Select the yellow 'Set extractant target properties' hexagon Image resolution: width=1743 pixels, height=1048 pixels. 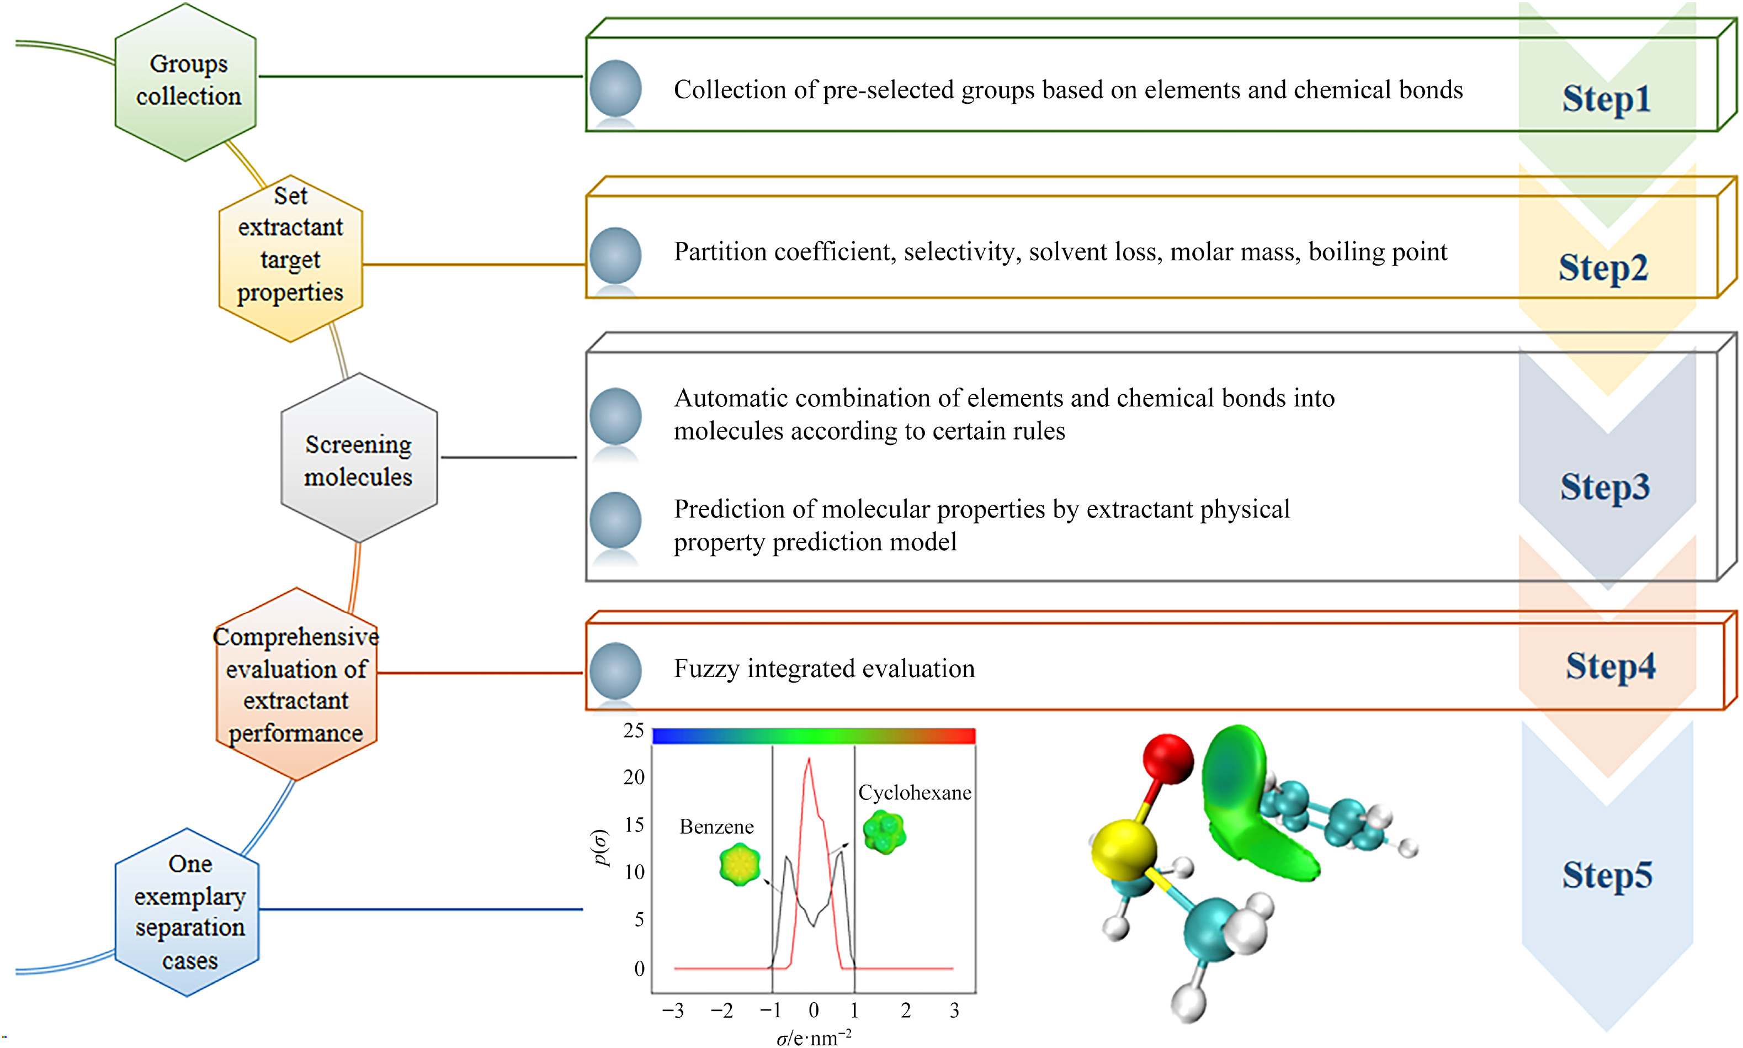(290, 258)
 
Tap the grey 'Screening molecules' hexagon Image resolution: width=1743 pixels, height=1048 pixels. (359, 459)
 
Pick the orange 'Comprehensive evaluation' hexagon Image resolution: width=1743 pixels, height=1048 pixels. (296, 684)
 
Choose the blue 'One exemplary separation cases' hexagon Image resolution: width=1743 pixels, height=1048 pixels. (188, 912)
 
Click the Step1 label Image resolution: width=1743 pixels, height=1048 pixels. (1606, 98)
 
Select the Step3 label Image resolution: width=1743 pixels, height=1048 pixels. (1604, 486)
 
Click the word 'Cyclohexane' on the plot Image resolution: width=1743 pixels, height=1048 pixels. (914, 792)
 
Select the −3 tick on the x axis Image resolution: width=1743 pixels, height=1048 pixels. (673, 1010)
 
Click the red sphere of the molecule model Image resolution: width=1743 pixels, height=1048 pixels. (1168, 759)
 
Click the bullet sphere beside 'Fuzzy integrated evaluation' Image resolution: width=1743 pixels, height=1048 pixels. (615, 669)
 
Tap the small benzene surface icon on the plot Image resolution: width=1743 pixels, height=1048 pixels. (739, 864)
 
